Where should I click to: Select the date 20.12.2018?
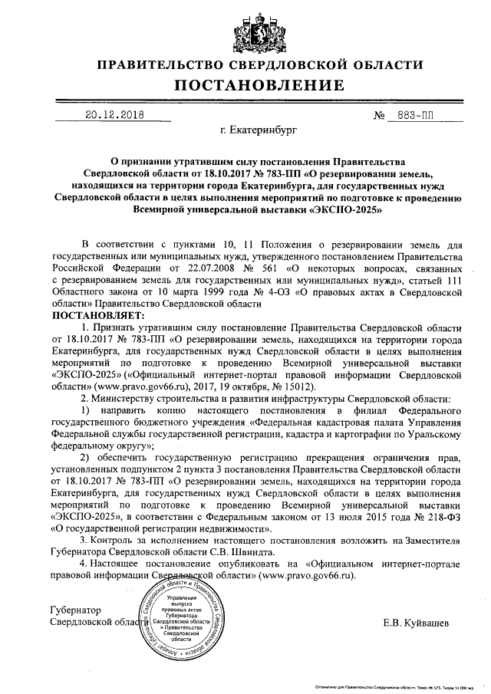[114, 117]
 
